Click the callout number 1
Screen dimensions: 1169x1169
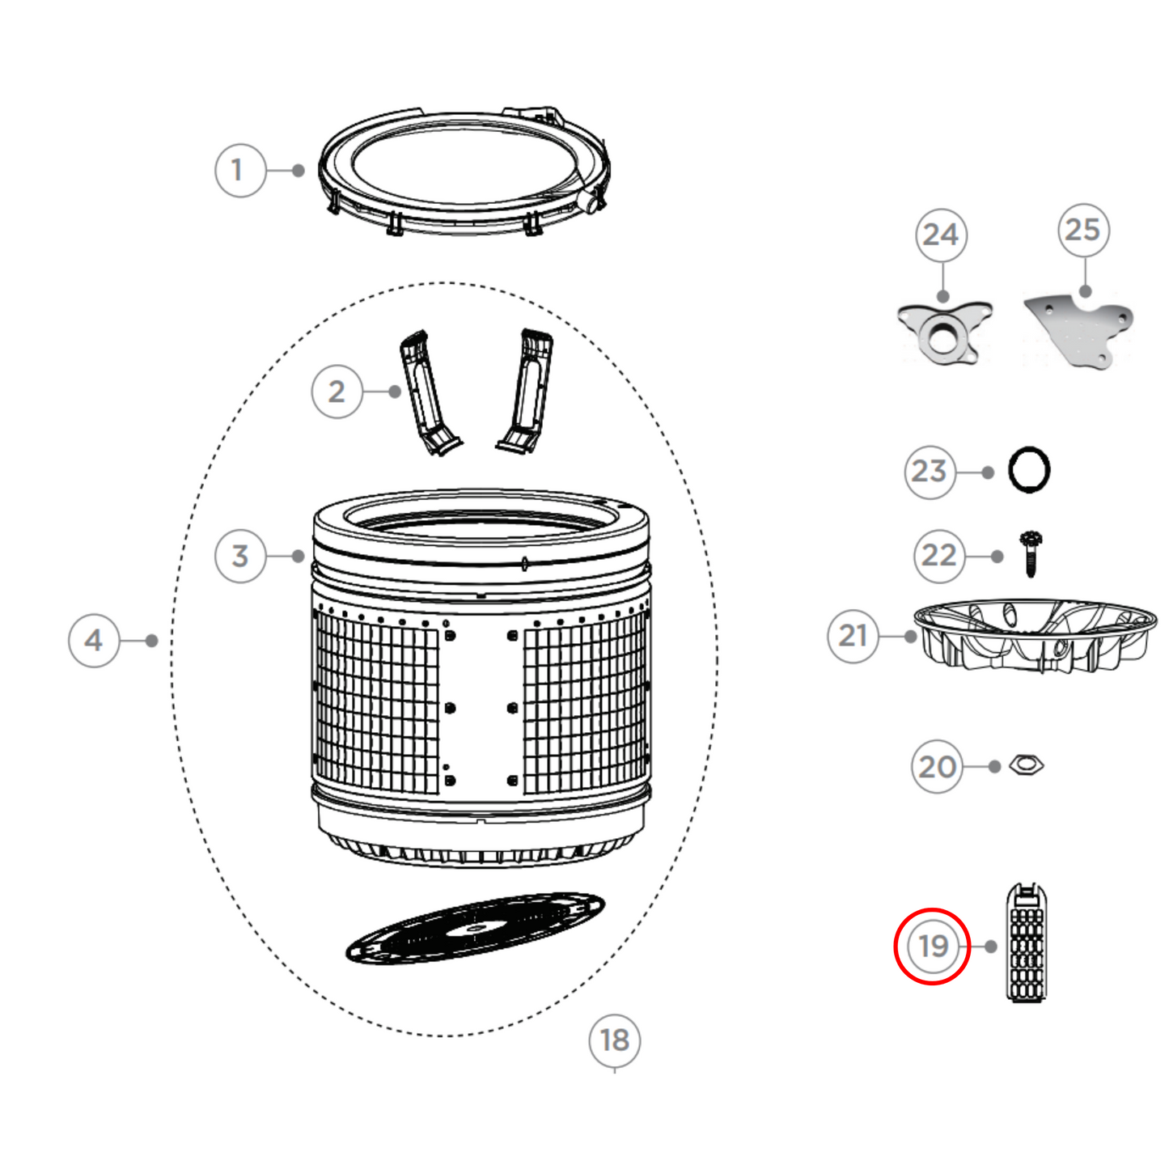coord(240,171)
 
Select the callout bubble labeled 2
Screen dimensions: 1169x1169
coord(337,392)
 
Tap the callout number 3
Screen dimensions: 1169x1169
coord(240,557)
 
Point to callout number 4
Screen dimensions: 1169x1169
coord(94,641)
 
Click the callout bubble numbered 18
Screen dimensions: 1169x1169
coord(615,1040)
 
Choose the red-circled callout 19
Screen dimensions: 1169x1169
coord(932,946)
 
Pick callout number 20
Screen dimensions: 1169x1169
coord(938,767)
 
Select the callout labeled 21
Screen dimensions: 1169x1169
coord(853,637)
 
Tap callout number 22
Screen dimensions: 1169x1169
coord(939,556)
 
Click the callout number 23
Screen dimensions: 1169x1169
coord(930,472)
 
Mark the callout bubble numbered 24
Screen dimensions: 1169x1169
coord(941,235)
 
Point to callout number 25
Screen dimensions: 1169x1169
coord(1083,231)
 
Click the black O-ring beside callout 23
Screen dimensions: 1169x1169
coord(1029,469)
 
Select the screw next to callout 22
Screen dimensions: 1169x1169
coord(1031,553)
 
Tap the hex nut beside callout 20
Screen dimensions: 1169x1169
coord(1027,765)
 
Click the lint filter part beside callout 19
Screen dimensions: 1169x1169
coord(1027,943)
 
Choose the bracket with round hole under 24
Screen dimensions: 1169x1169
coord(944,332)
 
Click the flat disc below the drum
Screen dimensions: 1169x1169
coord(476,928)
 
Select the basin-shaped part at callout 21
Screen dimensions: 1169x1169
coord(1035,635)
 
